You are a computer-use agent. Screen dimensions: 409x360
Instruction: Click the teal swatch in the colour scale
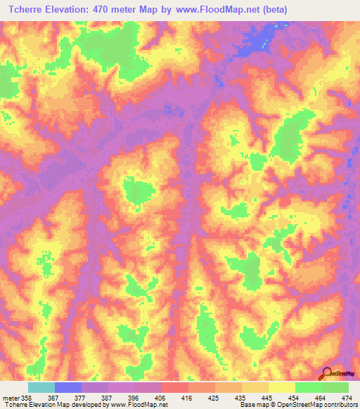click(41, 387)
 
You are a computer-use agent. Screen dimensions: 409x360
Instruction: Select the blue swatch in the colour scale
click(67, 387)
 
